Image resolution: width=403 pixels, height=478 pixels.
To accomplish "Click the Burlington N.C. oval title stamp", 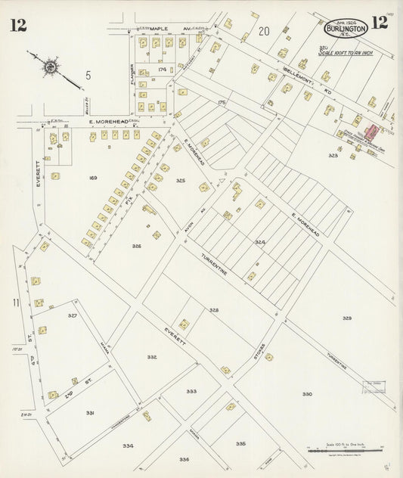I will (x=346, y=29).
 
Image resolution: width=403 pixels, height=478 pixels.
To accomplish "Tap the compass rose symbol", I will (x=50, y=67).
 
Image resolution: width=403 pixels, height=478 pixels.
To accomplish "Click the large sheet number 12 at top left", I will (x=18, y=25).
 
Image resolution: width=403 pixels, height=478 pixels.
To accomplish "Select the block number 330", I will (x=307, y=394).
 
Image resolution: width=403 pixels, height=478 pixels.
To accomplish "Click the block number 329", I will (x=346, y=318).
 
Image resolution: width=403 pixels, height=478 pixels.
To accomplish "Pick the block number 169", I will (x=93, y=178).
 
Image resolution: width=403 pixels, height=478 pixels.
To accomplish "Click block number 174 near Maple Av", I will (x=162, y=69).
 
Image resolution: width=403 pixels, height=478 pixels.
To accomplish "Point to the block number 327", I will (x=73, y=315).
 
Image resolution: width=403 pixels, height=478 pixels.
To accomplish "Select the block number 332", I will (x=152, y=357).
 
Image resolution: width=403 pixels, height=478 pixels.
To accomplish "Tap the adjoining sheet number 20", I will (x=263, y=31).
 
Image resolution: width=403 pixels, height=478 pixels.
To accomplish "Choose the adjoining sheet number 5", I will (x=88, y=75).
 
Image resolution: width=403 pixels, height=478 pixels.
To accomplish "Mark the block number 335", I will (x=240, y=443).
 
